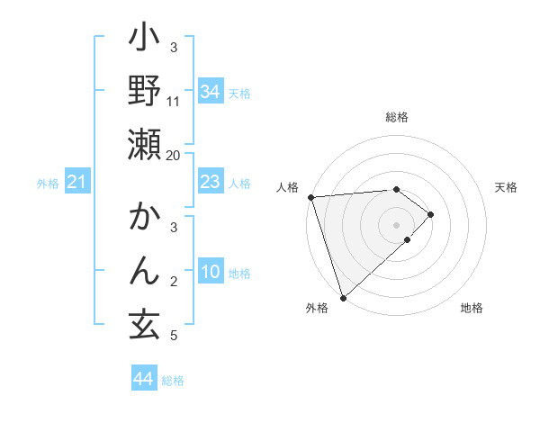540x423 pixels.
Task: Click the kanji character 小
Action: (144, 40)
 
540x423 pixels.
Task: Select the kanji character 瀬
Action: (144, 144)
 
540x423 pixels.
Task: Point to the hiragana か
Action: (144, 218)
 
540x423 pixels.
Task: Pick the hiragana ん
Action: (144, 270)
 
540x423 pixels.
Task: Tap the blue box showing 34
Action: (211, 91)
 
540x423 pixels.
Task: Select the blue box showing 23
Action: (211, 183)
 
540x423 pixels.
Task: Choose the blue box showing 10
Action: (211, 273)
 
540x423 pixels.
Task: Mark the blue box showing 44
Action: (143, 379)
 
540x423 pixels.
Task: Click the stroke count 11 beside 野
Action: (174, 101)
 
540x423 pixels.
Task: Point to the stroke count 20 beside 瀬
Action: (174, 155)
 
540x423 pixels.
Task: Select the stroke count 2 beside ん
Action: (174, 283)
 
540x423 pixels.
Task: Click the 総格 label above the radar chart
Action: (397, 117)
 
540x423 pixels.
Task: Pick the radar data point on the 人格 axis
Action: (310, 197)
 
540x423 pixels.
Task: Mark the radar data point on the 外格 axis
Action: (343, 298)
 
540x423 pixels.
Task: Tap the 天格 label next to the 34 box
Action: (240, 93)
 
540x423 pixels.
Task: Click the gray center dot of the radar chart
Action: (397, 224)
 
